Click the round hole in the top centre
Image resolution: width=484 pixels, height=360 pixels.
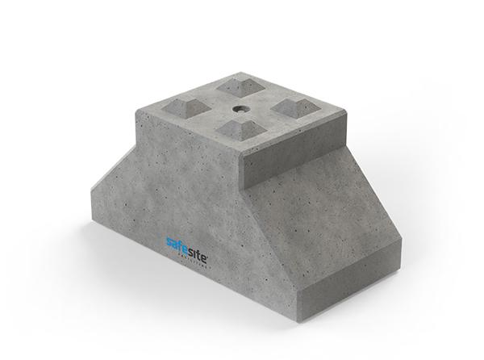point(241,107)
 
